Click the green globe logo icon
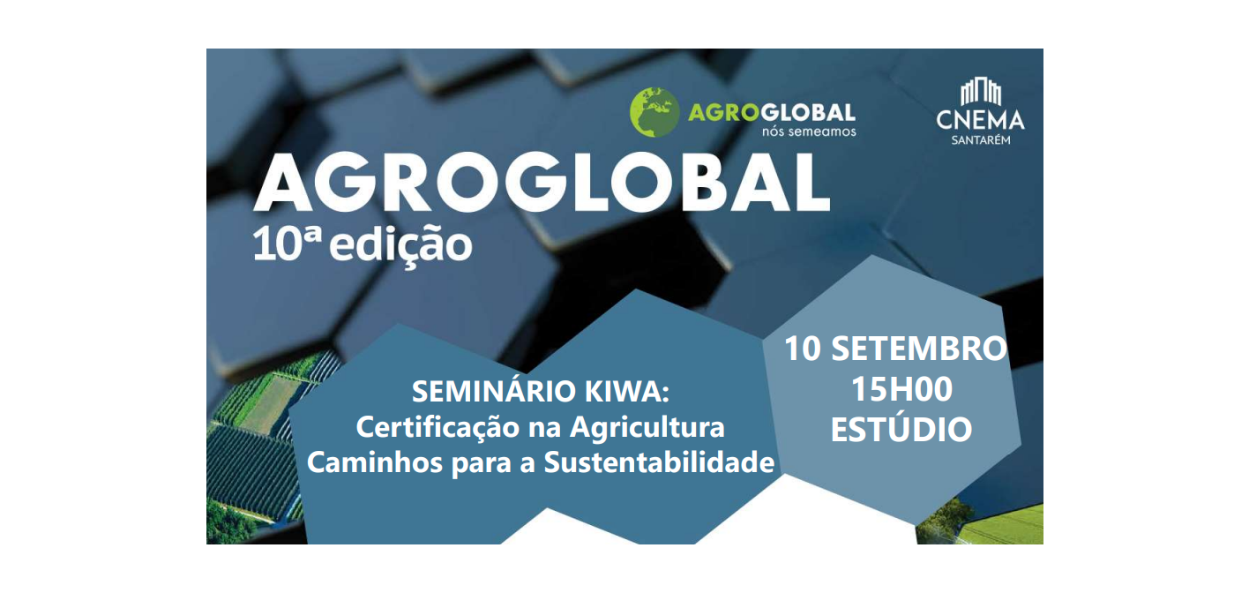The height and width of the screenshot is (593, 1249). point(654,112)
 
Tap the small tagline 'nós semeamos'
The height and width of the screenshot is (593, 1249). point(809,132)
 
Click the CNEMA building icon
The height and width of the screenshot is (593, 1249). point(980,93)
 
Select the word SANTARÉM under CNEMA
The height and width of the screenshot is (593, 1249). point(980,140)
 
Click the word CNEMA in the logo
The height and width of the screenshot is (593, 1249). point(980,120)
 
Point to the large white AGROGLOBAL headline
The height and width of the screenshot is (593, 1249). point(542,183)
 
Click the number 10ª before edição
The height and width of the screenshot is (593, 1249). point(288,243)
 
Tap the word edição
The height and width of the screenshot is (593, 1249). point(401,245)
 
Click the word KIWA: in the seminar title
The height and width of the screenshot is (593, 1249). point(627,391)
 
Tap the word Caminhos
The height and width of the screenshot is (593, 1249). point(375,462)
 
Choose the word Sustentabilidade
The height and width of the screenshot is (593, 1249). point(659,462)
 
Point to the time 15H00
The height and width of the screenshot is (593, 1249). point(901,389)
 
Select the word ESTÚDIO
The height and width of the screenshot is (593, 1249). point(901,429)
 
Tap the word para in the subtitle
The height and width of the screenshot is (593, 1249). point(482,464)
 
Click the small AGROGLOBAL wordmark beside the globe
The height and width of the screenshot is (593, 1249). point(772,113)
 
